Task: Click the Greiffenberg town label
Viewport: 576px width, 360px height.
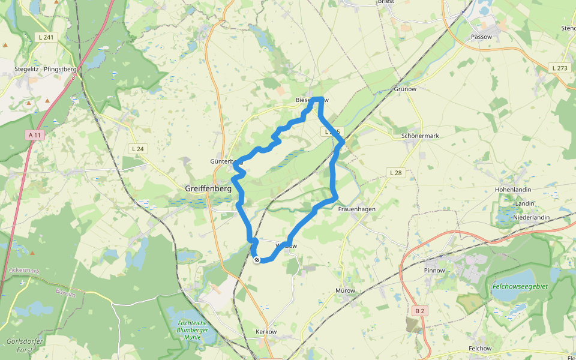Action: (208, 188)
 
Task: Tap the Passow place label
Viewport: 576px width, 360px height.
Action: (481, 37)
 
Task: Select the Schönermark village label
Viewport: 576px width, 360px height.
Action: (419, 136)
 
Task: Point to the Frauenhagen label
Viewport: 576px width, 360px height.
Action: (356, 209)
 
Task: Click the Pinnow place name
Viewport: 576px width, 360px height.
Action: (434, 271)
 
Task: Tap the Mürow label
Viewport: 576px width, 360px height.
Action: (345, 291)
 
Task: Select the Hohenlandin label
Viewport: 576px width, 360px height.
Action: (513, 190)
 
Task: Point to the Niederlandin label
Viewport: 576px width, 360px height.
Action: (532, 217)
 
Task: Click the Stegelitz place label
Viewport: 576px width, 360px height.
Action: (26, 69)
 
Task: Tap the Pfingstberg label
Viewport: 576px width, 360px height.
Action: (60, 69)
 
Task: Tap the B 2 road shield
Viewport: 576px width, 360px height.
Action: (420, 311)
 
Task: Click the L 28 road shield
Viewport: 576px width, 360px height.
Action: (395, 173)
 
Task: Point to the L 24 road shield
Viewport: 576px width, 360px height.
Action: (137, 149)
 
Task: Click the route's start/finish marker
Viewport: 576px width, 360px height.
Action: (257, 260)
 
